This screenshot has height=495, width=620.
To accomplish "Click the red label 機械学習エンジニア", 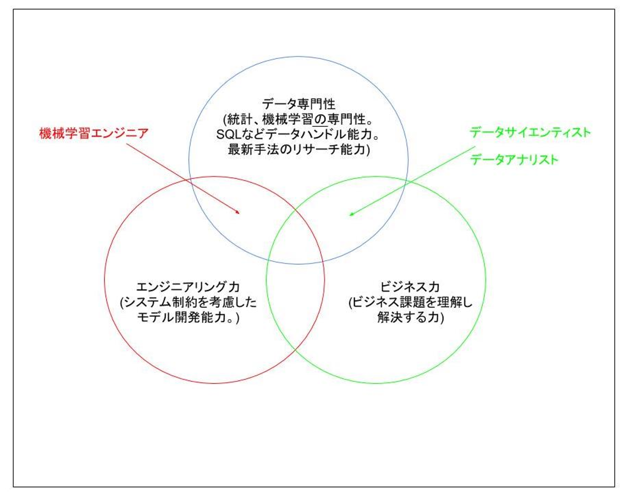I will click(x=93, y=133).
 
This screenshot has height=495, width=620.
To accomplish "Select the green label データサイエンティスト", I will click(x=530, y=132).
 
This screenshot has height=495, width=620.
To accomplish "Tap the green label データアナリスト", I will click(x=514, y=160).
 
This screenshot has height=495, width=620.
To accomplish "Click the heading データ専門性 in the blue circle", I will click(x=298, y=104).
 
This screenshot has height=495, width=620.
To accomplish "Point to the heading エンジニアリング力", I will click(x=188, y=287).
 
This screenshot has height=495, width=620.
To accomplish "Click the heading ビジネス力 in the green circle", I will click(x=409, y=287).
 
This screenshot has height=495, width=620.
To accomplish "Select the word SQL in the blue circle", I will click(x=229, y=134).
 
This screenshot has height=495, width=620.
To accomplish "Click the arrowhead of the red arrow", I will click(x=238, y=212).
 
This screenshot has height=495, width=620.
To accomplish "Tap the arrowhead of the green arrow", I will click(x=351, y=213).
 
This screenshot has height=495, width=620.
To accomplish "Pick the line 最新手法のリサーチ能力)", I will click(x=298, y=149).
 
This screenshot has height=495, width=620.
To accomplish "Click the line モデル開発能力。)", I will click(x=188, y=317).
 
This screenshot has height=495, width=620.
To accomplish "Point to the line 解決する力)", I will click(x=410, y=317).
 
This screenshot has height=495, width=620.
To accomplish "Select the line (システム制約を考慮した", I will click(x=188, y=302).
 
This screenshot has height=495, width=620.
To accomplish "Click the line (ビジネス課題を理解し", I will click(x=410, y=302).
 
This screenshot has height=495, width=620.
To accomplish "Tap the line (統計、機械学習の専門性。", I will click(x=298, y=119).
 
